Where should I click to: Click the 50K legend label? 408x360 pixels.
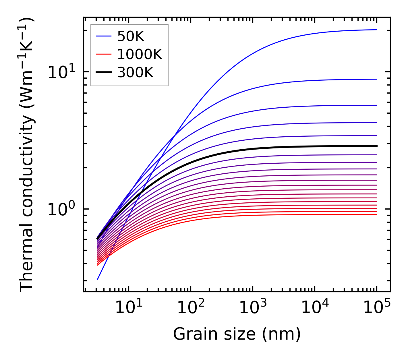[x=131, y=36]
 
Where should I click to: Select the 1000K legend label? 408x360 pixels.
[x=140, y=54]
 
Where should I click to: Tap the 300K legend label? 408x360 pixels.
[x=135, y=73]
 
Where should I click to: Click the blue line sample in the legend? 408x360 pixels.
[x=103, y=36]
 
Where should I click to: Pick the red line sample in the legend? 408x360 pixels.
[x=103, y=54]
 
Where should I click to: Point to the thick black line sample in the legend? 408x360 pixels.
[x=103, y=73]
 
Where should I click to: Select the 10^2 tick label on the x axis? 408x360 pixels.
[x=190, y=308]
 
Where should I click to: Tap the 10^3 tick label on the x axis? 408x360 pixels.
[x=252, y=308]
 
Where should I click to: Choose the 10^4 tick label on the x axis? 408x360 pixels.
[x=314, y=308]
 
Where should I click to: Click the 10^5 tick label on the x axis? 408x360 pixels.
[x=376, y=308]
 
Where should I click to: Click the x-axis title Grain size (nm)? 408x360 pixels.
[x=237, y=334]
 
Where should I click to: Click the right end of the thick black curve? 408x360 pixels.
[x=376, y=146]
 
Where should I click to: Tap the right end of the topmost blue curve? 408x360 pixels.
[x=376, y=30]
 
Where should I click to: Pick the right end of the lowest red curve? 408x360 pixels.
[x=376, y=214]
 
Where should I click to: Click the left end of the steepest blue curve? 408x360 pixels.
[x=98, y=279]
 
